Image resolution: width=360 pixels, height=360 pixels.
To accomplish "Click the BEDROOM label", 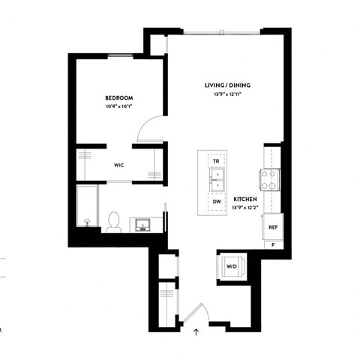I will tap(118, 98).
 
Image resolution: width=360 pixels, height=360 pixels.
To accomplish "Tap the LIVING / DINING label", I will tap(227, 85).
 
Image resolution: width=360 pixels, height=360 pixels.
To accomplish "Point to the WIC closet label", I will tap(118, 165).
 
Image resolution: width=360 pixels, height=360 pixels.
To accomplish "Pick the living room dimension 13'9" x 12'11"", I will tap(227, 94).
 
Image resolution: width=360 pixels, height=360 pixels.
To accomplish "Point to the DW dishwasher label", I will tap(216, 201).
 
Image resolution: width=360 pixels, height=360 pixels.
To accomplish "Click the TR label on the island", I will tap(216, 161).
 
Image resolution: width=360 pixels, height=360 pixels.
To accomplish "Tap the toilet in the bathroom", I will tap(114, 221).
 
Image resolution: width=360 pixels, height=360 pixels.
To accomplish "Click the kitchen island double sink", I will tap(216, 180).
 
